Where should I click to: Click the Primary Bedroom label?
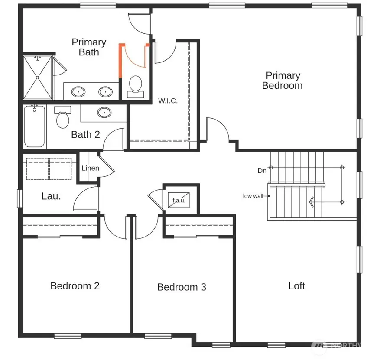pos(283,81)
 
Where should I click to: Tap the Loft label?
pos(297,286)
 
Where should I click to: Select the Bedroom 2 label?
pos(75,286)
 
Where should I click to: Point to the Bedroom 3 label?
pos(182,287)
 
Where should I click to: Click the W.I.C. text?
pos(168,101)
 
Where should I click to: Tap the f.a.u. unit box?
pos(179,200)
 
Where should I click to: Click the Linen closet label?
pos(91,168)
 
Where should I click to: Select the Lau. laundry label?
pos(51,196)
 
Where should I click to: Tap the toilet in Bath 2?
pos(63,118)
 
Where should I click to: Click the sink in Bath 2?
pos(104,113)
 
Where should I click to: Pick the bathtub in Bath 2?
pos(34,126)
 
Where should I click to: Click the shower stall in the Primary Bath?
pos(37,78)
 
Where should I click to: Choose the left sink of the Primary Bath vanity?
pos(78,91)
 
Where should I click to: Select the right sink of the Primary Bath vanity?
pos(105,91)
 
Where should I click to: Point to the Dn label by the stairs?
pos(262,171)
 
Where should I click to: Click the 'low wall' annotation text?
pos(253,196)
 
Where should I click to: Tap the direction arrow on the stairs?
pos(311,201)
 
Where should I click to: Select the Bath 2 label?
pos(85,135)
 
